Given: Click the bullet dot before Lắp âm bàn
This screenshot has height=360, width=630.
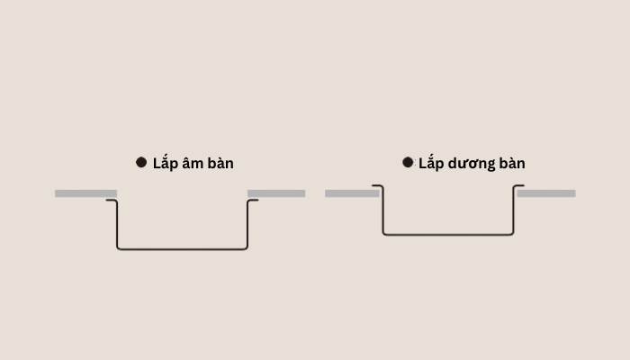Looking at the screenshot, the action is coord(141,162).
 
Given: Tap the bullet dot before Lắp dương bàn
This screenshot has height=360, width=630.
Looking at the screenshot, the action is coord(408,162).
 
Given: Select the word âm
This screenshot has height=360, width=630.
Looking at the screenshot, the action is coord(191,162).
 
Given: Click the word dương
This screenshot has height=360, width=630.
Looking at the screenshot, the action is coord(472,164).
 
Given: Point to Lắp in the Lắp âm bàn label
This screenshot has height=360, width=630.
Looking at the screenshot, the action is coord(165,162).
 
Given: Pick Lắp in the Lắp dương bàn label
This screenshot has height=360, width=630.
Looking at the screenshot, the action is coord(431,162).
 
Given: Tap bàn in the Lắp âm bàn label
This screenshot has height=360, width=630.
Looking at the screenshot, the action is coord(220,163).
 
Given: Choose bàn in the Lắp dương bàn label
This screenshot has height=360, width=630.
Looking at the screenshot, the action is coord(512,163).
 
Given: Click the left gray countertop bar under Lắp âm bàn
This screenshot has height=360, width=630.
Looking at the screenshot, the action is coord(86,193).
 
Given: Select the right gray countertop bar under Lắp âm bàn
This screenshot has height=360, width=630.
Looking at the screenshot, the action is coord(276,193).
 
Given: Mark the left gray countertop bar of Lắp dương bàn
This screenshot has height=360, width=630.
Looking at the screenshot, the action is coord(353,193).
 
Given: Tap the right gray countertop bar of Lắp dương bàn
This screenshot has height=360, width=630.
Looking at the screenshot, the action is coord(546,193).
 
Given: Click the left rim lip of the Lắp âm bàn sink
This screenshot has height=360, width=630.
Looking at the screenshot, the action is coord(111,200).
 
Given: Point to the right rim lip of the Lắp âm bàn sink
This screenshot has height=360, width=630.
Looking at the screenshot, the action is coord(254,200).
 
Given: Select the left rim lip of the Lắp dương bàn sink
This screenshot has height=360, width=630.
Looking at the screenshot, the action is coord(377,185).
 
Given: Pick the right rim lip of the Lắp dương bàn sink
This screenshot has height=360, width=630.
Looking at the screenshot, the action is coord(519,185).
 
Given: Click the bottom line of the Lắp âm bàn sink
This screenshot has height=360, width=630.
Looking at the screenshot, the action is coord(183,249).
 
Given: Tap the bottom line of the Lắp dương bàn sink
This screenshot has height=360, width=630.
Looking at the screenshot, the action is coord(448,234).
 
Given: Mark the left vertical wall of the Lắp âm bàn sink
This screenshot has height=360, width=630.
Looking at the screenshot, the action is coord(117,224).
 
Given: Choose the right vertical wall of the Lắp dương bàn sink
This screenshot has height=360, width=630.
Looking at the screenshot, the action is coord(514,210).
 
